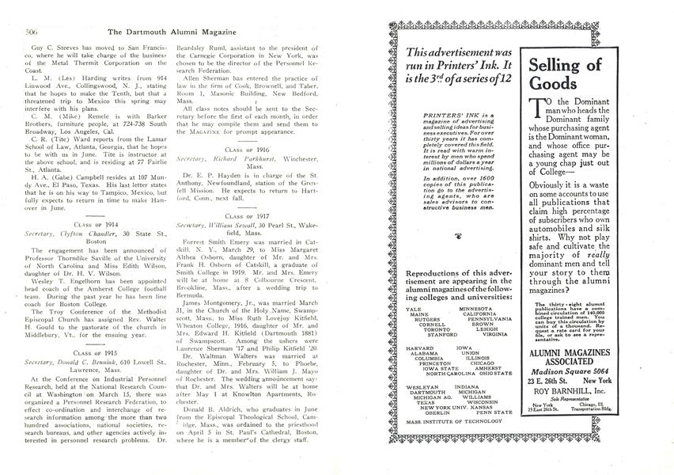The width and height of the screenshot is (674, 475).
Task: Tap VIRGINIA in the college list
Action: pyautogui.click(x=495, y=335)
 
